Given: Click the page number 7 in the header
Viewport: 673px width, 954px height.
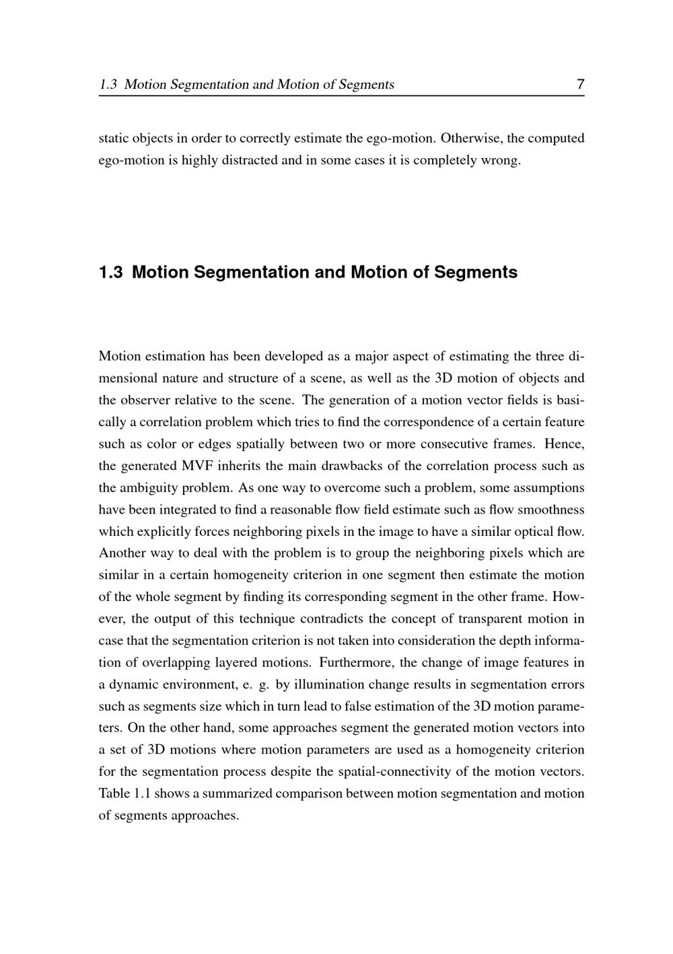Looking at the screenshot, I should pos(580,85).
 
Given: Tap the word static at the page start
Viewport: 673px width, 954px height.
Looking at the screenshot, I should pos(113,138).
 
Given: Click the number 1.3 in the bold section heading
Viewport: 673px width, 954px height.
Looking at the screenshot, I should pos(111,272).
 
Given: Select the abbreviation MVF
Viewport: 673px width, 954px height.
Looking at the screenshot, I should pos(197,466).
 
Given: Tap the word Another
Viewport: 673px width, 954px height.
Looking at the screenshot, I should pos(122,553).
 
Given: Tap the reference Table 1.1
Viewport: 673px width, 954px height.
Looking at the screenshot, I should pos(124,793).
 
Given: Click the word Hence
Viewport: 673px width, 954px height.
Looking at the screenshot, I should pos(564,444).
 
